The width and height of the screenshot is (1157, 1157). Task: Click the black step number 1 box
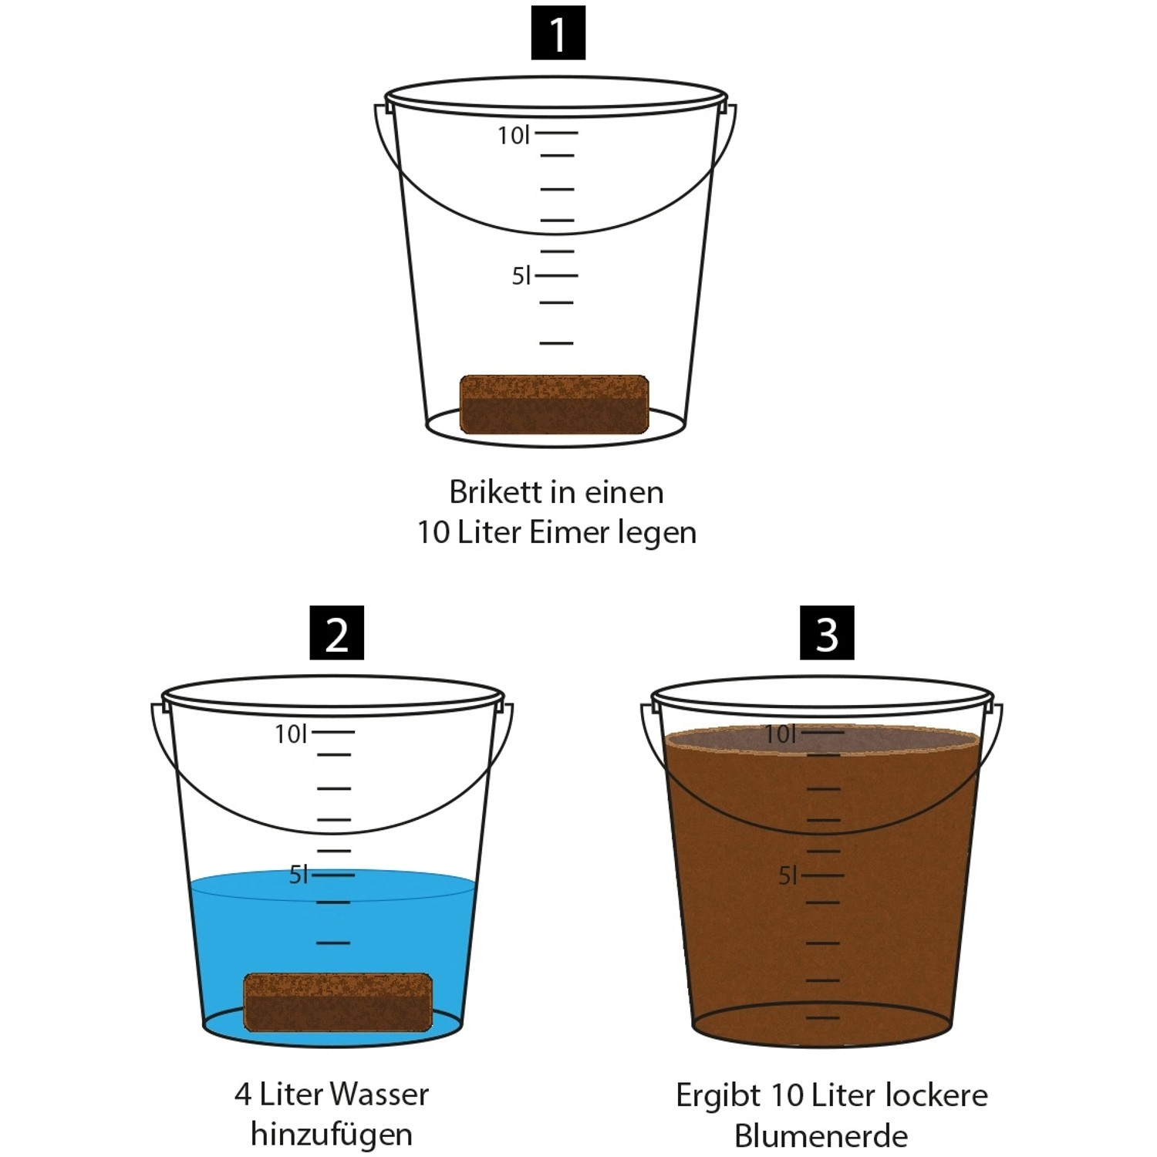tap(558, 32)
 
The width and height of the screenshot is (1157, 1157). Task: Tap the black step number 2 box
tap(336, 632)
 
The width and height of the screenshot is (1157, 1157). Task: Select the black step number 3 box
tap(827, 632)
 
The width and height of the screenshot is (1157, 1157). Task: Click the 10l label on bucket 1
tap(514, 136)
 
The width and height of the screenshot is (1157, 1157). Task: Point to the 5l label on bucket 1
tap(521, 276)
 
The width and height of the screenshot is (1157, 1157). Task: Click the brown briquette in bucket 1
tap(554, 404)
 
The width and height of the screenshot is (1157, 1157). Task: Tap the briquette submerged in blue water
tap(338, 1002)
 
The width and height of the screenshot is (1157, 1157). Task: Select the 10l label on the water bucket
tap(291, 734)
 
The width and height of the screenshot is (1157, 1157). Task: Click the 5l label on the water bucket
tap(299, 875)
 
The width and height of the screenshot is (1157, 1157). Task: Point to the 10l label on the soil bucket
tap(780, 734)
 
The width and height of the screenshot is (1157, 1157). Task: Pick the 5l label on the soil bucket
tap(788, 875)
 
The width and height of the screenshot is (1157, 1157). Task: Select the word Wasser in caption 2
tap(379, 1094)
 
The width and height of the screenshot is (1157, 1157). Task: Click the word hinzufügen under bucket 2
tap(332, 1135)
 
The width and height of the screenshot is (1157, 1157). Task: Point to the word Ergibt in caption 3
tap(718, 1095)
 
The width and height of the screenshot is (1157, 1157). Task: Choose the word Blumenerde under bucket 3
tap(821, 1135)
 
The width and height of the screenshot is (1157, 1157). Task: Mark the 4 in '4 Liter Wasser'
tap(243, 1095)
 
